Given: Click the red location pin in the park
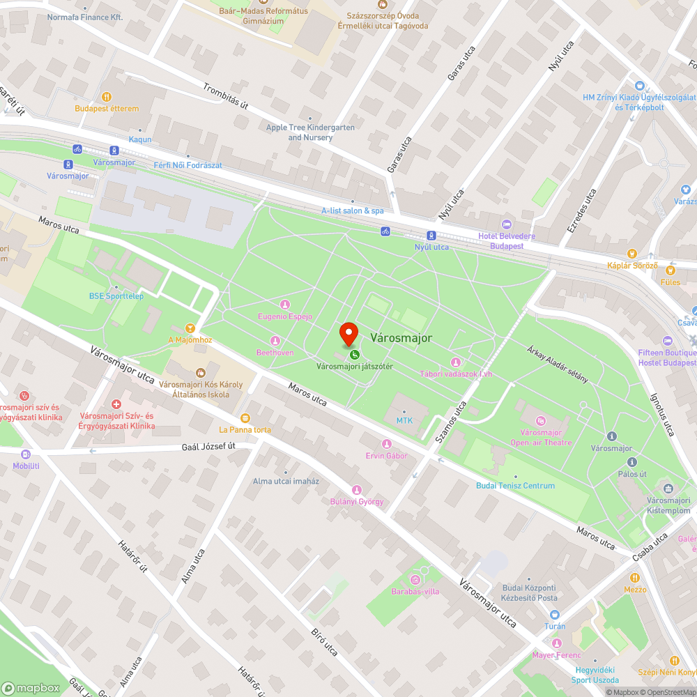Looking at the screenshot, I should (x=348, y=333).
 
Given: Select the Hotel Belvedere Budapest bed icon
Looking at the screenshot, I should (x=506, y=224).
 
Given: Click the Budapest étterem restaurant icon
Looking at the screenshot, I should (x=107, y=97).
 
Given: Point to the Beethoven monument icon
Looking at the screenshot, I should (x=275, y=341).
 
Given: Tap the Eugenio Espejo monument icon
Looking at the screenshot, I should (x=284, y=305).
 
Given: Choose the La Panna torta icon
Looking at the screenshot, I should (x=245, y=418).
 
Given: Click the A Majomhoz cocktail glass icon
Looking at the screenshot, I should (x=190, y=328).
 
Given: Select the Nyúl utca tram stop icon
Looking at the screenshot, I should (x=431, y=236).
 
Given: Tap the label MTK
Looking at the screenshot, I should (x=404, y=420).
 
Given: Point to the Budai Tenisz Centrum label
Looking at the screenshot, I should (x=516, y=485).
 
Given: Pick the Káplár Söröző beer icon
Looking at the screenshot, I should (x=631, y=254).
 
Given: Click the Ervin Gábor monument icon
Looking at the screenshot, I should (x=387, y=444).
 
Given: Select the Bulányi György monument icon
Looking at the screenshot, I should (x=357, y=490).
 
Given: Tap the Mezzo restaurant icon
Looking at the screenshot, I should (x=635, y=578).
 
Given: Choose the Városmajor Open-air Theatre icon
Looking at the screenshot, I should (x=541, y=420).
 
